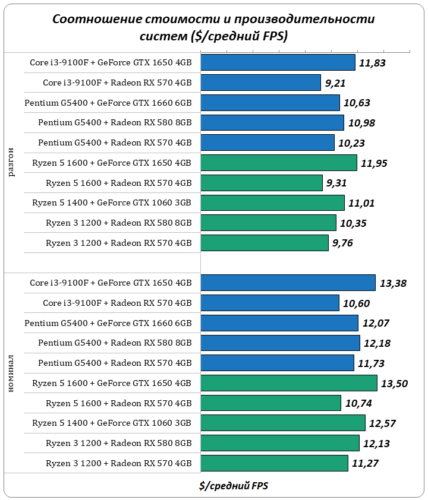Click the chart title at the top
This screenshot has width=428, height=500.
(x=213, y=28)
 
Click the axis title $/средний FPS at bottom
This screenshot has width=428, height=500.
(x=234, y=486)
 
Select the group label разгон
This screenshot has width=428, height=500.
(x=12, y=163)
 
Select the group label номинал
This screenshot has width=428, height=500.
(x=12, y=372)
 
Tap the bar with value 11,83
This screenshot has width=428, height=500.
(x=278, y=62)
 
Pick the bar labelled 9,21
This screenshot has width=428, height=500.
(x=261, y=83)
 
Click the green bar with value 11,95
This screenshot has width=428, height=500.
(x=279, y=163)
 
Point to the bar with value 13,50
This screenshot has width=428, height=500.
(x=289, y=383)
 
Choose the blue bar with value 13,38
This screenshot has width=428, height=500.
(x=288, y=283)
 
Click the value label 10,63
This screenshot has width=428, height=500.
(x=357, y=103)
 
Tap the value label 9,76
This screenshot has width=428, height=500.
(x=345, y=243)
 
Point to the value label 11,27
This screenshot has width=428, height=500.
(x=365, y=463)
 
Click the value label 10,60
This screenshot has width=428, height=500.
(x=356, y=303)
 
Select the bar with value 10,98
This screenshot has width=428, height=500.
(x=272, y=122)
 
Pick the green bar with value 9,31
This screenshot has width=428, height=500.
(x=262, y=183)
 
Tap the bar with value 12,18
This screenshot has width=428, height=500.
(x=280, y=343)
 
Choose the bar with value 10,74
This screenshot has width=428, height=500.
(x=270, y=403)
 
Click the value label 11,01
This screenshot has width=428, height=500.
(x=361, y=203)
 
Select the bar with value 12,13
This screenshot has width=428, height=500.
(x=280, y=443)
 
